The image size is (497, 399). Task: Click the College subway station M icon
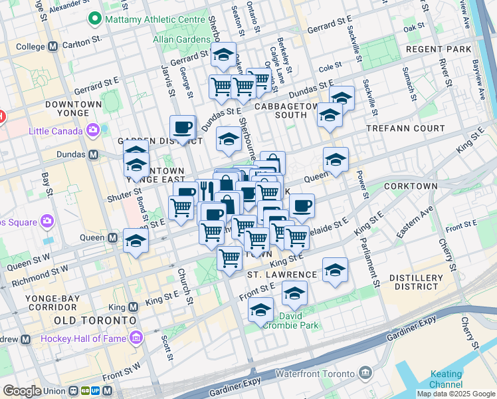[52, 47]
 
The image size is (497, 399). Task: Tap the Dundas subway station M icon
[93, 155]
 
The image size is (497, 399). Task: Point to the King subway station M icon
[132, 307]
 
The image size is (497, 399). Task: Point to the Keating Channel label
[446, 379]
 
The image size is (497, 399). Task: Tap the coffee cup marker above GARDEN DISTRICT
[183, 126]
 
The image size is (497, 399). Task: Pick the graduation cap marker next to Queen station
[136, 241]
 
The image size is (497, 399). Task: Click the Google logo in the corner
[21, 391]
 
